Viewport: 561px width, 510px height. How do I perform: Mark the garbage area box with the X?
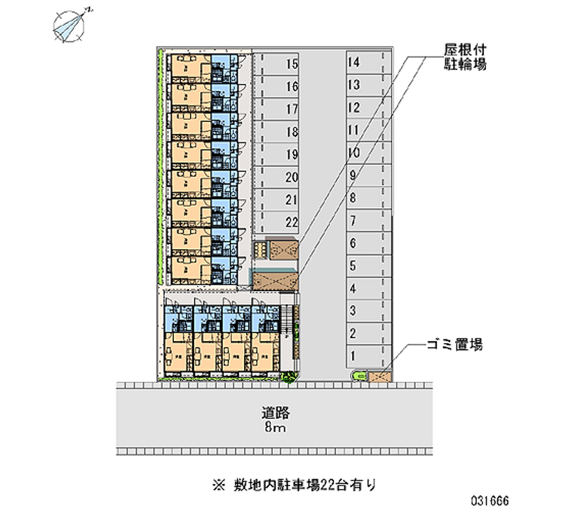coord(380,376)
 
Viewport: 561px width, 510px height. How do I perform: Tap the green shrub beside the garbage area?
coord(360,377)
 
